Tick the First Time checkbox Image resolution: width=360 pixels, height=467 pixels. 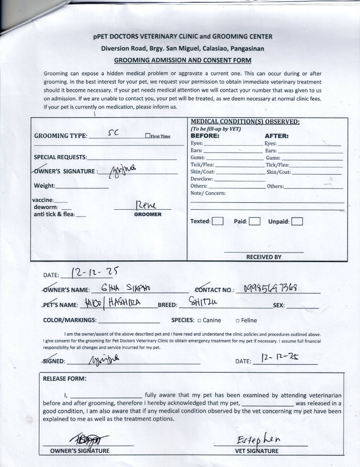(148, 136)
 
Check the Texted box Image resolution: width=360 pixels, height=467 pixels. (218, 221)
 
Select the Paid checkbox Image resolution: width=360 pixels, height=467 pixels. (254, 221)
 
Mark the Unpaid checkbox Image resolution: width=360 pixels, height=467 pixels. (297, 221)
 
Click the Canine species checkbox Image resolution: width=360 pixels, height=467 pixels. (199, 320)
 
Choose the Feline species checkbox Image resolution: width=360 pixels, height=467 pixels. (238, 320)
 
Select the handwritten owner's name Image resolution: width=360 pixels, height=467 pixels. (125, 289)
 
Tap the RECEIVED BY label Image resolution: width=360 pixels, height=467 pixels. (264, 257)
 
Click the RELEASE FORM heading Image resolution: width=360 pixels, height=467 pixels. (64, 378)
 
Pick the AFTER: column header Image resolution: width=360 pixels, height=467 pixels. (276, 136)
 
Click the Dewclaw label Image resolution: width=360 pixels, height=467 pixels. (202, 179)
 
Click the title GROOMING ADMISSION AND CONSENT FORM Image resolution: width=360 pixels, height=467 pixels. (182, 60)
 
